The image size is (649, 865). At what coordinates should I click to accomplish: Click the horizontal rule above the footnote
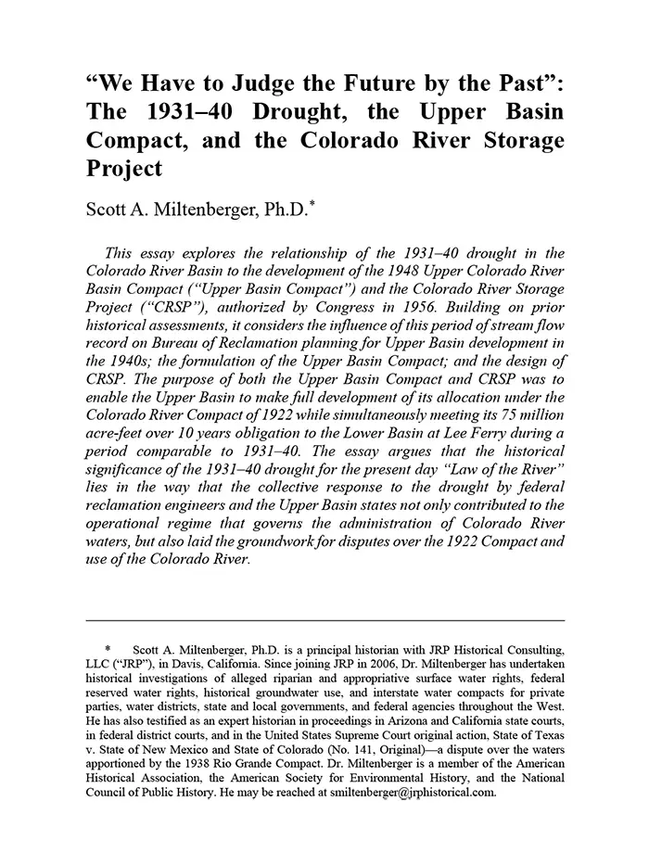tap(324, 619)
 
